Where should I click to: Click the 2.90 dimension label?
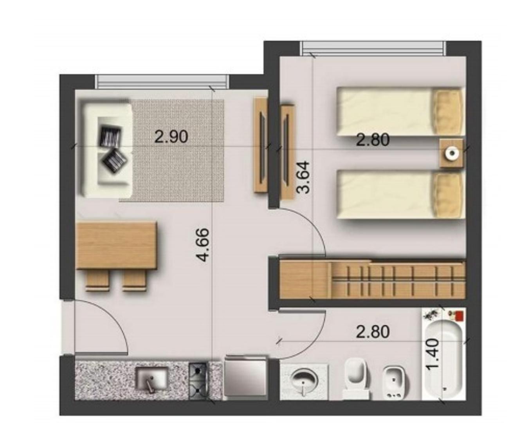(x=171, y=137)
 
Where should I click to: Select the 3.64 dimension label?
(x=304, y=177)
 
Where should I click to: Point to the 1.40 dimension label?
(x=433, y=354)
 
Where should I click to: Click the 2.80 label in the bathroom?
(x=373, y=332)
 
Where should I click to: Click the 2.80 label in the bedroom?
(x=373, y=140)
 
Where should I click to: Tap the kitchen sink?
(x=151, y=378)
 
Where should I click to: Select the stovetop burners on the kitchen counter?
(x=198, y=380)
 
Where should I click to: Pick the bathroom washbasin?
(x=304, y=380)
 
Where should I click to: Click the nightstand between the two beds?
(x=451, y=153)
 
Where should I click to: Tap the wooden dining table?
(x=116, y=245)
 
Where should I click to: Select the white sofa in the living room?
(x=106, y=149)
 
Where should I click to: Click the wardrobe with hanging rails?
(x=372, y=280)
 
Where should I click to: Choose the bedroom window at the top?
(x=373, y=48)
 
